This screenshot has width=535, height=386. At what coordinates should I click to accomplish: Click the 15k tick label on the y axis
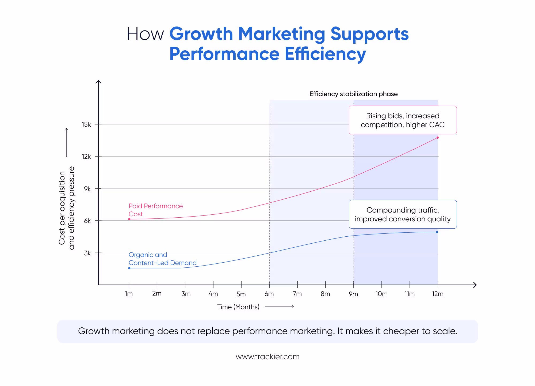86,124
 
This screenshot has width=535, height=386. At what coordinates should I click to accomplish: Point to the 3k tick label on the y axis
87,253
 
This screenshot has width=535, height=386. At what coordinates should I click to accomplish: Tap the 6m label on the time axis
269,294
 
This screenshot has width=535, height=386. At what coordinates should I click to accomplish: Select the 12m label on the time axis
438,294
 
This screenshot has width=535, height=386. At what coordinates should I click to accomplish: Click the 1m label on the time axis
129,294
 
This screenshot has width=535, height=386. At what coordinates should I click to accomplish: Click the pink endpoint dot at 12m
438,138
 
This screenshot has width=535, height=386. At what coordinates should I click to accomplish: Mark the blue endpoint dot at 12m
437,232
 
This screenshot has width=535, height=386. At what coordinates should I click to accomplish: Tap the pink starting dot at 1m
129,219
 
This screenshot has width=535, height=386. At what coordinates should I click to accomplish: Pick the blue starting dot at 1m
129,268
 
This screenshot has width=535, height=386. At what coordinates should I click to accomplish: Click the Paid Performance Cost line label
155,210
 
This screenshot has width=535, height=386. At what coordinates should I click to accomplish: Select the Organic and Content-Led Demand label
162,259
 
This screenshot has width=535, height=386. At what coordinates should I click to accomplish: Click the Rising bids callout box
403,120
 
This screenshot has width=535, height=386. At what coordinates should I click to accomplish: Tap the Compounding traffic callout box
403,214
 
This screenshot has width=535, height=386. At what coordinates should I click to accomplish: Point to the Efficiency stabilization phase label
353,94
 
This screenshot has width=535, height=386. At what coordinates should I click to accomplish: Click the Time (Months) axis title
238,307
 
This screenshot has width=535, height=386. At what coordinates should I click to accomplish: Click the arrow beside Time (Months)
279,307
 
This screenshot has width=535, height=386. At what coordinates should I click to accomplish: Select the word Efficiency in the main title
325,54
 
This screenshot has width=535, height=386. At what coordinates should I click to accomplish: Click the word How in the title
145,34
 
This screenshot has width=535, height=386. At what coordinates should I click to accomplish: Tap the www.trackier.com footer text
267,357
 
